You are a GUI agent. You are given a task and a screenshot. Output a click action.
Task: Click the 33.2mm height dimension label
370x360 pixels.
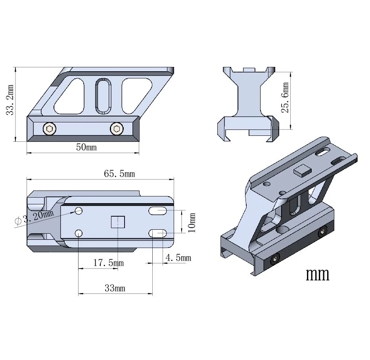click(10, 100)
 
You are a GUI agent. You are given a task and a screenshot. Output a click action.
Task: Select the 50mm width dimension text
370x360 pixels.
click(86, 147)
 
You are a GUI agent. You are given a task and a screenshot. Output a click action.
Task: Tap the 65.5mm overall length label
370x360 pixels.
click(119, 174)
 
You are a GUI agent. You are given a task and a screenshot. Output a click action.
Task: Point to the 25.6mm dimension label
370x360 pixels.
click(285, 97)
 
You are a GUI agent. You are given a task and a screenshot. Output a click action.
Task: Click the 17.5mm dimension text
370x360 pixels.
click(109, 263)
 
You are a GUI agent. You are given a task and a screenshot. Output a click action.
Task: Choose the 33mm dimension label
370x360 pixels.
click(115, 288)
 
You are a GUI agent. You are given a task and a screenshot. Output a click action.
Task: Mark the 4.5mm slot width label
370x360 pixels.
click(178, 258)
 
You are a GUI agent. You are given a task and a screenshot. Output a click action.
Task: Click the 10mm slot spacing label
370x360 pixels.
click(192, 223)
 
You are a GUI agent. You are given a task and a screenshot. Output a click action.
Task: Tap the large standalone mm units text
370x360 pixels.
click(318, 274)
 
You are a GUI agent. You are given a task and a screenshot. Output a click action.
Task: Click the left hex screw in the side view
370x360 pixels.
click(50, 129)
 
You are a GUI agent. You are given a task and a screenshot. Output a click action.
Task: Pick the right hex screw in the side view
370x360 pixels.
click(117, 129)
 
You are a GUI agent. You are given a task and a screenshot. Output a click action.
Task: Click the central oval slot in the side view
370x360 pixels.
click(103, 96)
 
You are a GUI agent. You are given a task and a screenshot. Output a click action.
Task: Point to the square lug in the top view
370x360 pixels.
click(118, 222)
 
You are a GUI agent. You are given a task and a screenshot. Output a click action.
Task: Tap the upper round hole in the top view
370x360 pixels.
click(79, 211)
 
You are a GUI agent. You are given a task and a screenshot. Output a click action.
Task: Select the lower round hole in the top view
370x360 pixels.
click(79, 234)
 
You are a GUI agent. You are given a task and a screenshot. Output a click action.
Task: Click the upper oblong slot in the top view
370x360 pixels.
click(157, 211)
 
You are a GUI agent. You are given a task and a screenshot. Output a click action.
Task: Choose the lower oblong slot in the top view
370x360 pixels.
click(157, 234)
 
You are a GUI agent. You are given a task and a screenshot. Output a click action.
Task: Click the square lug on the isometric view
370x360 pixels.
click(302, 171)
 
